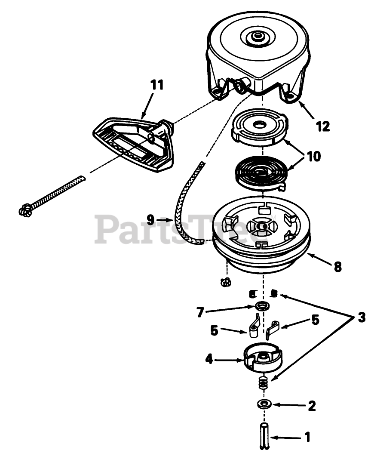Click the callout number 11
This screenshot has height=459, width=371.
point(157,85)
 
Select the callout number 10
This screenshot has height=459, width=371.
point(313,157)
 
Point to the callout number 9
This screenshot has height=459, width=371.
point(150,220)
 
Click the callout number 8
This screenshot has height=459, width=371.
point(337,267)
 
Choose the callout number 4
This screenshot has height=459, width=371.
point(209,359)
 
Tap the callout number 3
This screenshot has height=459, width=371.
point(362,318)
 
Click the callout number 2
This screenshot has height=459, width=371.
point(312,405)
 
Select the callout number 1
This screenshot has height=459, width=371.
point(307,437)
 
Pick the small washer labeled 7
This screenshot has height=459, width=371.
point(261,306)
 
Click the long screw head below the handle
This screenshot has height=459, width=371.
point(25,210)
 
